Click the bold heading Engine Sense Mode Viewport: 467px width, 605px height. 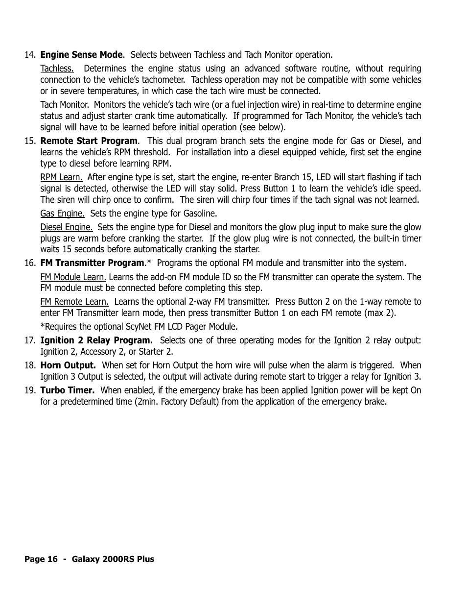[81, 54]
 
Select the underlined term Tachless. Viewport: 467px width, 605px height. [57, 68]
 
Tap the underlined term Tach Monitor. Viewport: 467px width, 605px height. [64, 104]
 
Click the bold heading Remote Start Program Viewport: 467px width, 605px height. [89, 141]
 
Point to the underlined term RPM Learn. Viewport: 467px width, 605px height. [61, 177]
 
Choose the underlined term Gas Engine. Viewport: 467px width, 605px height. [62, 213]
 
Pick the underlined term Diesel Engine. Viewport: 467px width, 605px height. [67, 227]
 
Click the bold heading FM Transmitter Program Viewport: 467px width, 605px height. [93, 263]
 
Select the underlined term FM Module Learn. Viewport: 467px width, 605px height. [73, 277]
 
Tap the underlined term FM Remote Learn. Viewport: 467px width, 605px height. [74, 301]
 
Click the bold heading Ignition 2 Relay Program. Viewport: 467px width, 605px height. [96, 340]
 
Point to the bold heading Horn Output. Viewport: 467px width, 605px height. [68, 365]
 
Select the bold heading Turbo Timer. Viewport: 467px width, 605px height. [68, 390]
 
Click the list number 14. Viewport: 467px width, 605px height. [30, 54]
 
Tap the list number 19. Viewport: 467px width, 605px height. [30, 390]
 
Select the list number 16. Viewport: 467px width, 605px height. [30, 263]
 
